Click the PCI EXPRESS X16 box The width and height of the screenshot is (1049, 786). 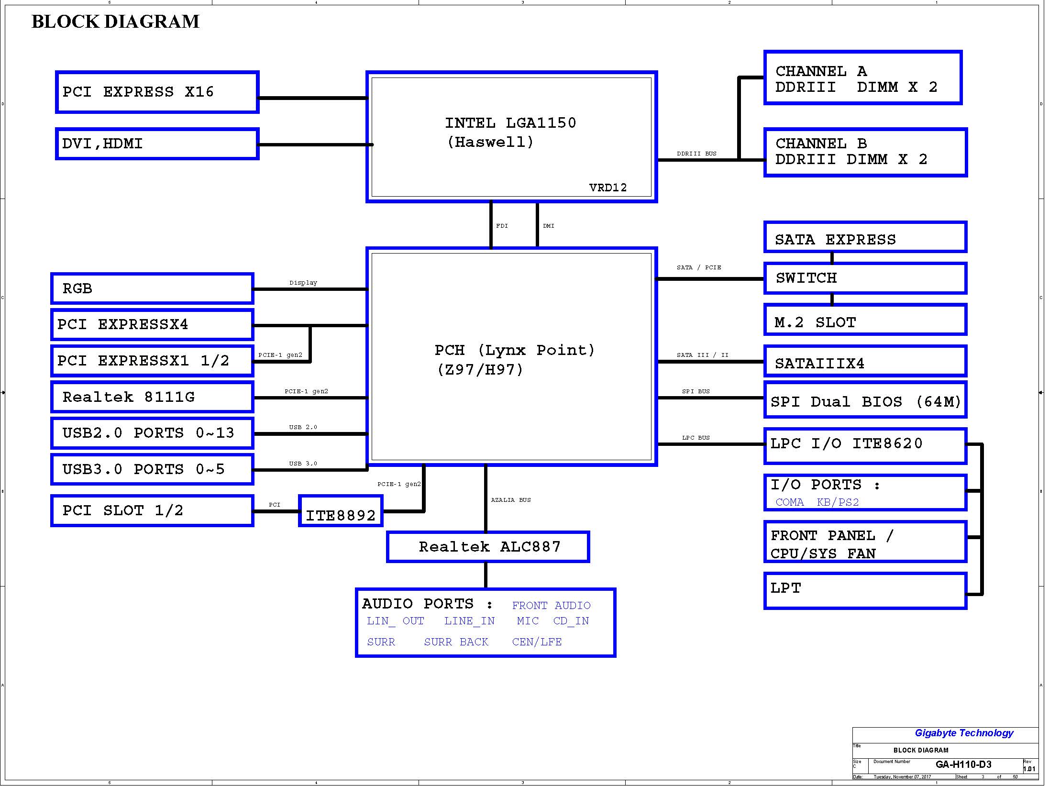(157, 92)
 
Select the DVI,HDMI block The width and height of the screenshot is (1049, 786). (157, 144)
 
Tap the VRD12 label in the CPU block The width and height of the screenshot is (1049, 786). (608, 188)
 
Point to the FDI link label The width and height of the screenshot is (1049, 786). (502, 226)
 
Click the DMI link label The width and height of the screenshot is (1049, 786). (549, 226)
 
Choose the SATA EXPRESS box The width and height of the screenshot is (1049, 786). (865, 237)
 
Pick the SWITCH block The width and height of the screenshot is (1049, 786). (865, 278)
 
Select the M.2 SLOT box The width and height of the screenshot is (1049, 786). (865, 320)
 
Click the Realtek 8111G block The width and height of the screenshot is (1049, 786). (152, 397)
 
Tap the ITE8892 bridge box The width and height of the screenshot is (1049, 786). (341, 511)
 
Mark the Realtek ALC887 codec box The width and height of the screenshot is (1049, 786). (488, 547)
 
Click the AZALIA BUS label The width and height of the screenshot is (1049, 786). (511, 500)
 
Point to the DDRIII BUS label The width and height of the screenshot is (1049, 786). (696, 154)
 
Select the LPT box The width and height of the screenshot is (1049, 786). (865, 591)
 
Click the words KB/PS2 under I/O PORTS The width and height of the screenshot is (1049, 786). (838, 502)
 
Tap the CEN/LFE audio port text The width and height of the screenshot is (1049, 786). (537, 642)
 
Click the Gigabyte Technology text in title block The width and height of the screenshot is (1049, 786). (964, 733)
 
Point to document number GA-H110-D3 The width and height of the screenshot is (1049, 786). (963, 764)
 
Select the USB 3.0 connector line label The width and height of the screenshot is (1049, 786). (303, 464)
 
